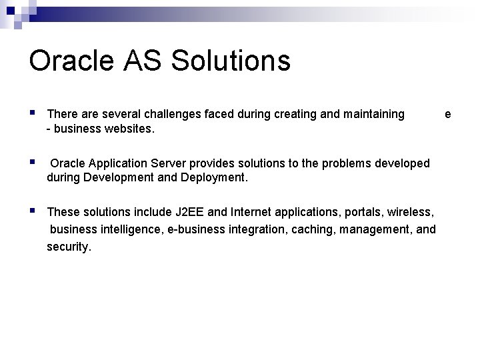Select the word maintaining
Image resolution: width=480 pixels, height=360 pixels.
click(373, 115)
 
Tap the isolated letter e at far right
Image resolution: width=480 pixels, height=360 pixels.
click(448, 115)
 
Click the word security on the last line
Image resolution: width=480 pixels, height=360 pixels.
click(67, 247)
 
